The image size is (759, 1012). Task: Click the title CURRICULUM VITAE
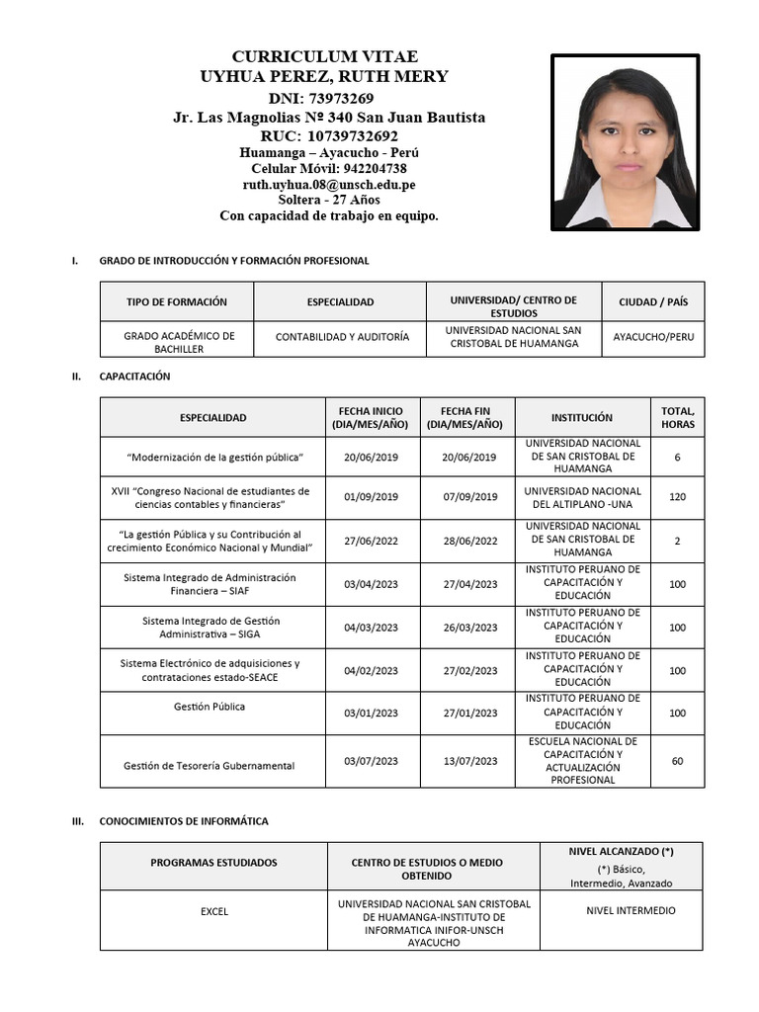click(324, 55)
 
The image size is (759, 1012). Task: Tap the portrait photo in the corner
click(625, 142)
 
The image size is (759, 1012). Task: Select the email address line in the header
click(329, 184)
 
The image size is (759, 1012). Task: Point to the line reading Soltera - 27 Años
click(329, 200)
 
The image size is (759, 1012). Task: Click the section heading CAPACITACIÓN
click(134, 377)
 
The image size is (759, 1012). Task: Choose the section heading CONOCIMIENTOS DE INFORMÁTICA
click(183, 821)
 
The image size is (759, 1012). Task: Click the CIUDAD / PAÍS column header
click(652, 301)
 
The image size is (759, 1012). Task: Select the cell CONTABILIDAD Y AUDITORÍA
click(342, 337)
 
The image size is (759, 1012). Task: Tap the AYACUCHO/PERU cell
click(652, 337)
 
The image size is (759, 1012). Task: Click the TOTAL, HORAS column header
click(677, 417)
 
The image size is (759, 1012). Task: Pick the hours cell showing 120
click(677, 497)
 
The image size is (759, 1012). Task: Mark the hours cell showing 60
click(677, 761)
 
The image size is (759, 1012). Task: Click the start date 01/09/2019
click(371, 497)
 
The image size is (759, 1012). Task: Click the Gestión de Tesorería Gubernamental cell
click(209, 766)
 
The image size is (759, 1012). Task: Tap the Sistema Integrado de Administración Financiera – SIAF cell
click(209, 584)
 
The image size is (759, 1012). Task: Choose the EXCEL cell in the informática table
click(213, 911)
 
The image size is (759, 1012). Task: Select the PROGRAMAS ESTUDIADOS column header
click(213, 863)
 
